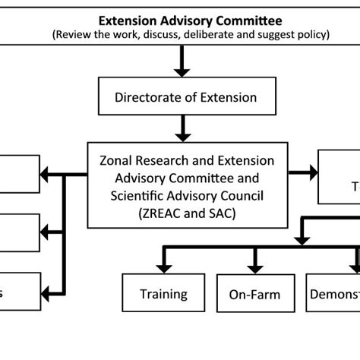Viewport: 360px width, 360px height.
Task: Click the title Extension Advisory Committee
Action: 180,20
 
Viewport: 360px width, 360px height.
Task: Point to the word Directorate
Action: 147,96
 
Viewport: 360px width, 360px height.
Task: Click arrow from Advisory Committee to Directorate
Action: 181,67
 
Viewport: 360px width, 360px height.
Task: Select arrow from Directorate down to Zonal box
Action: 181,129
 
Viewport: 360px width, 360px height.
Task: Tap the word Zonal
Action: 116,161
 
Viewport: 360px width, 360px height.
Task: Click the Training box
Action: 163,293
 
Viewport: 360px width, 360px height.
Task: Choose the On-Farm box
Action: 255,294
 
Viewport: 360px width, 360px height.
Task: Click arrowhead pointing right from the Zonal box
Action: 312,173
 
